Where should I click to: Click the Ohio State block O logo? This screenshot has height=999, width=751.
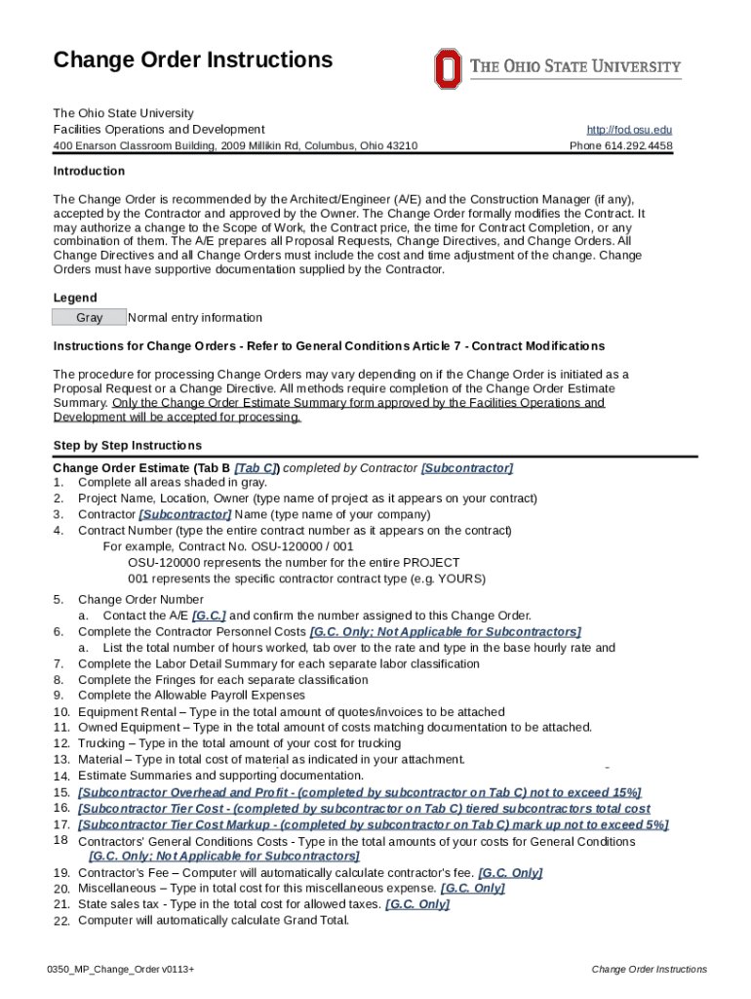(x=447, y=68)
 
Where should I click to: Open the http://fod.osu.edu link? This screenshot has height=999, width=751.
(x=629, y=130)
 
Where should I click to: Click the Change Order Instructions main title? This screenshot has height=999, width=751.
(x=193, y=60)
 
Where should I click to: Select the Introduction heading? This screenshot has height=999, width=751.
(x=89, y=171)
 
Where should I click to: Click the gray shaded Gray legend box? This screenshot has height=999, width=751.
(x=89, y=317)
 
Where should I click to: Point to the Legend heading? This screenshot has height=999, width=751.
(x=75, y=298)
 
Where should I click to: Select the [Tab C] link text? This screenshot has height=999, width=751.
(x=257, y=468)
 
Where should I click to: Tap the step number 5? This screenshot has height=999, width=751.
(x=59, y=599)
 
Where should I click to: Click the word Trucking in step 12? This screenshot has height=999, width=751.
(x=102, y=743)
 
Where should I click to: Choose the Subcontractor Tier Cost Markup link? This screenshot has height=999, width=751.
(x=373, y=824)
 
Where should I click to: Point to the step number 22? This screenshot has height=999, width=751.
(x=60, y=920)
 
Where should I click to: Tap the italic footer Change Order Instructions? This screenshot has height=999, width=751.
(x=649, y=969)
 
